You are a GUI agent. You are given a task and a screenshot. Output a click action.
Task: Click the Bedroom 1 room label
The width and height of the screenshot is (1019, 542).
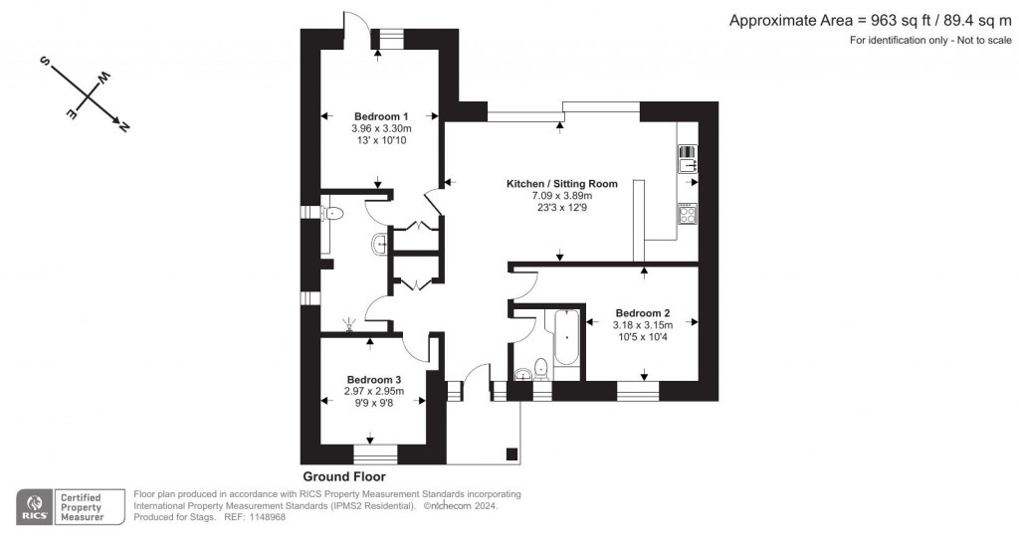381,116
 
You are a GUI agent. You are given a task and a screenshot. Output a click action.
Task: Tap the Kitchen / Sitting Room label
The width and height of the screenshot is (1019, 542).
562,184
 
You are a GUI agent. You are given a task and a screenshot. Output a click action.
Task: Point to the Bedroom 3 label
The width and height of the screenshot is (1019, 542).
374,380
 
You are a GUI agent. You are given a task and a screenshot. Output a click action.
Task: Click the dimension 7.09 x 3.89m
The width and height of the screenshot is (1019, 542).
562,196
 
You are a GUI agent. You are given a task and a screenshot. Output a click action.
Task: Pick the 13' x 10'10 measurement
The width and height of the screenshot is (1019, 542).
381,140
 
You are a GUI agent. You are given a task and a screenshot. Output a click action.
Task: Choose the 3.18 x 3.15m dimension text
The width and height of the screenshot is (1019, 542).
643,325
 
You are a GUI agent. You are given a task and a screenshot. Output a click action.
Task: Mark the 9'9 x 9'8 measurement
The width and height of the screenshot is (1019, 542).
374,404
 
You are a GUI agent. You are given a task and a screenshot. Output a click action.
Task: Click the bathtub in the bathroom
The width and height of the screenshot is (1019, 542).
567,343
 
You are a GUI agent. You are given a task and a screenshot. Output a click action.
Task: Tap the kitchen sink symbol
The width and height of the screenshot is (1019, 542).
688,159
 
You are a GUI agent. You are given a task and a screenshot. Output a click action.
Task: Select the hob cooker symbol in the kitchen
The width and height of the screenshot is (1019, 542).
688,213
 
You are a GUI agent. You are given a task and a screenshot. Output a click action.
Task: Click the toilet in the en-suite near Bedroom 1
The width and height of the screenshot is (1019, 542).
332,212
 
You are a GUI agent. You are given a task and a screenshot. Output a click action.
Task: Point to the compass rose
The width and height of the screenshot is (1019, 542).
87,93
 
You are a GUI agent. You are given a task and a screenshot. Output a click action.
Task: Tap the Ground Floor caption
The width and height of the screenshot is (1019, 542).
344,477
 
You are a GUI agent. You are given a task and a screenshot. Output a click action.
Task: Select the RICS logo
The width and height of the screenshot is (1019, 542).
36,506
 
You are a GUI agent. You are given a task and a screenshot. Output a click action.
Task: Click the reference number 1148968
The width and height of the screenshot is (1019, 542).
266,517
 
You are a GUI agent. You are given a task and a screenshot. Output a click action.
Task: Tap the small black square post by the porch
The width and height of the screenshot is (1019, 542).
511,454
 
